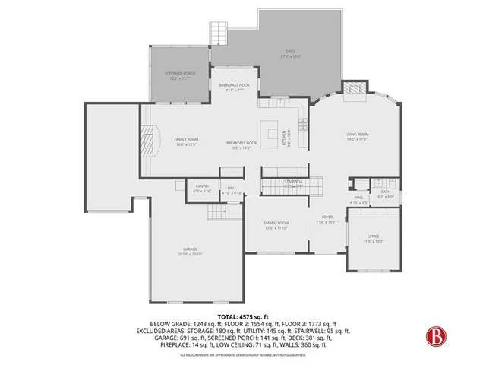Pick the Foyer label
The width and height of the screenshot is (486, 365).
(326, 219)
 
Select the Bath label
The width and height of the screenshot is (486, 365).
(385, 193)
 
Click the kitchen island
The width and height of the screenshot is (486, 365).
(271, 129)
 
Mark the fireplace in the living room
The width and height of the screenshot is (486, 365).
(353, 89)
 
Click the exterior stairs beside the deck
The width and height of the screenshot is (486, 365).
(219, 33)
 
